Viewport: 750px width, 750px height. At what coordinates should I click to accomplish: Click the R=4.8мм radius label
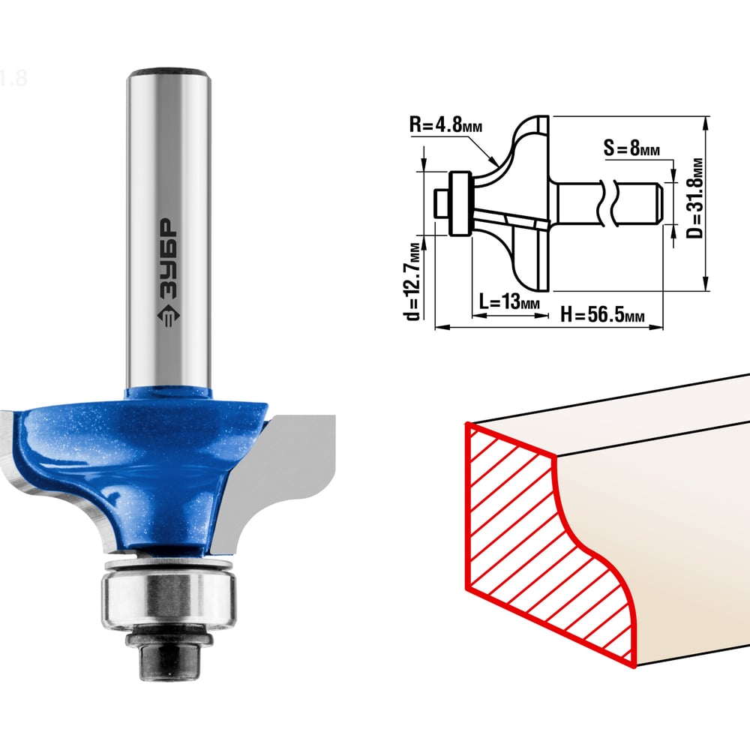coord(445,124)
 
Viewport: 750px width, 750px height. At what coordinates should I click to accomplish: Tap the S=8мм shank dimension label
coord(631,148)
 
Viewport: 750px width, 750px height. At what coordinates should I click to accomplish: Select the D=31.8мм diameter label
coord(694,198)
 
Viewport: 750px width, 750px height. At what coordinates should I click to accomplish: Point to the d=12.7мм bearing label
coord(412,282)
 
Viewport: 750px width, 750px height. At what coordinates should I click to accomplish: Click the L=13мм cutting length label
coord(509,301)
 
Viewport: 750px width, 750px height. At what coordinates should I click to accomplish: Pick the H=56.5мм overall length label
coord(602,315)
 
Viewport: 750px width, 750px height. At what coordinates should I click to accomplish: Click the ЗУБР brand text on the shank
coord(167,259)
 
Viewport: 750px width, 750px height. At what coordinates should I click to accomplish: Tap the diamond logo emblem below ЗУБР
coord(167,315)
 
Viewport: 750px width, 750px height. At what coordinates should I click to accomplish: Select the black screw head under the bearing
coord(168,655)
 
